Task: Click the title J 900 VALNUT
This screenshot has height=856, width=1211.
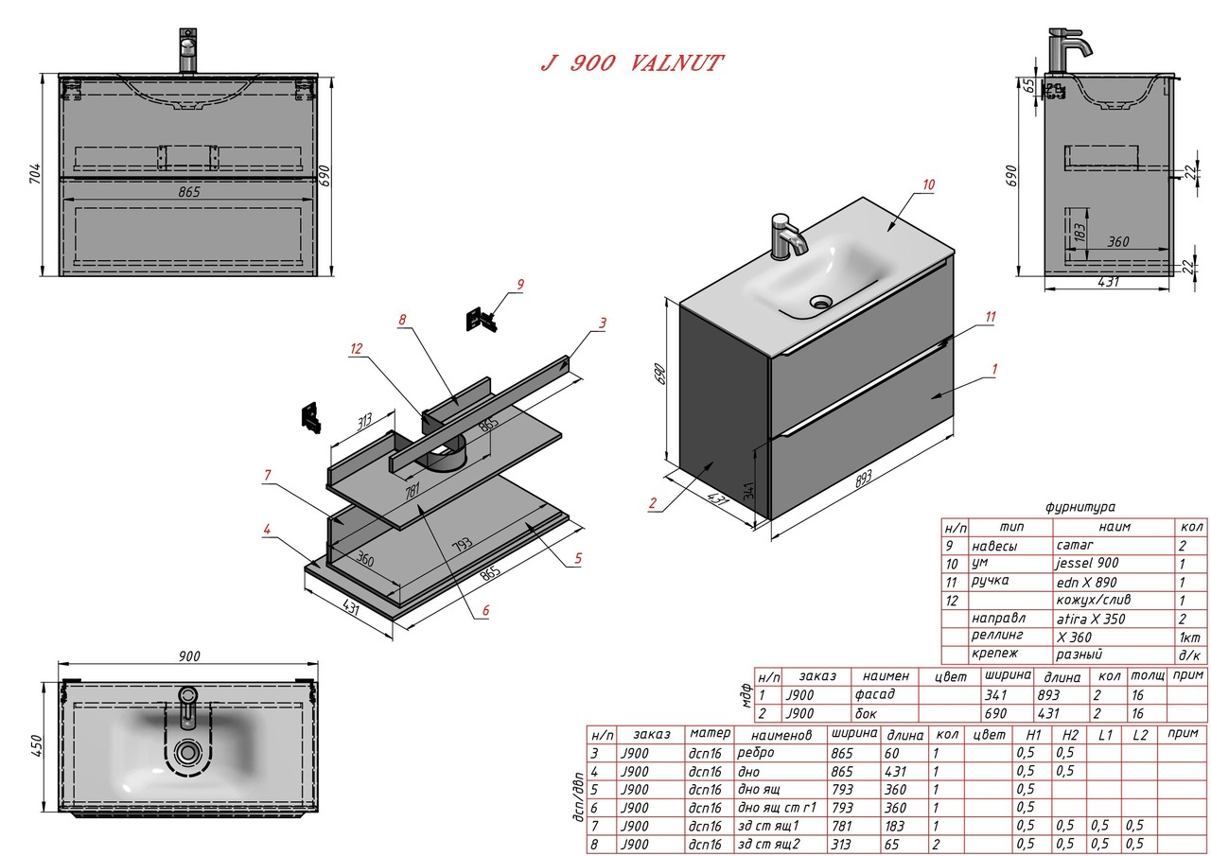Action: point(631,63)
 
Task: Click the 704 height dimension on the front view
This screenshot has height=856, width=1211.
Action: point(35,174)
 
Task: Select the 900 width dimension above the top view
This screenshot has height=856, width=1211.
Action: point(188,656)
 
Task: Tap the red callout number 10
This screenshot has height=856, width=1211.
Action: point(928,184)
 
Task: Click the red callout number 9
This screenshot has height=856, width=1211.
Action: point(519,283)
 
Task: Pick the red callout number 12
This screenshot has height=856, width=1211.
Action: point(356,348)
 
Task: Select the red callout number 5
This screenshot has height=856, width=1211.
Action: point(577,559)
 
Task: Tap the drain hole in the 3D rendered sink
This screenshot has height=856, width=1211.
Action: point(820,303)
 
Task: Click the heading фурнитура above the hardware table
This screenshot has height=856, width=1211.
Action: point(1080,508)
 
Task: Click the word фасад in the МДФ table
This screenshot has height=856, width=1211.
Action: point(874,694)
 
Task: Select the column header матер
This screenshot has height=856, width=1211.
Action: point(710,733)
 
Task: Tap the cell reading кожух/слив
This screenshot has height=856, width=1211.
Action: point(1093,600)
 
